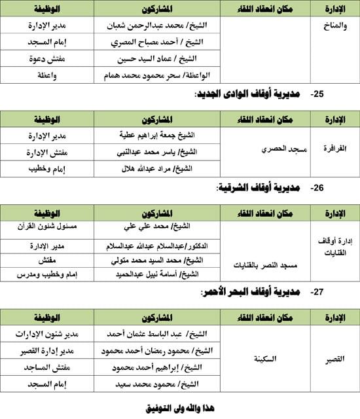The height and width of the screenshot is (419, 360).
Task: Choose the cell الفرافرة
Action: (334, 150)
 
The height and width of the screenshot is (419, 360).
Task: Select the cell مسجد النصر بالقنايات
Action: (266, 266)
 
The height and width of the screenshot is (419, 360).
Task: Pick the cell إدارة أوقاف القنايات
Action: (334, 249)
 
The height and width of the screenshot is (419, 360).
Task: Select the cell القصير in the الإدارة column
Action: (334, 359)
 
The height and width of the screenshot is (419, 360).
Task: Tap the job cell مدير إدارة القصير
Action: (50, 350)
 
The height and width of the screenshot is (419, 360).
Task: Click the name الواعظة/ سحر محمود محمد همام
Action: (158, 77)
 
